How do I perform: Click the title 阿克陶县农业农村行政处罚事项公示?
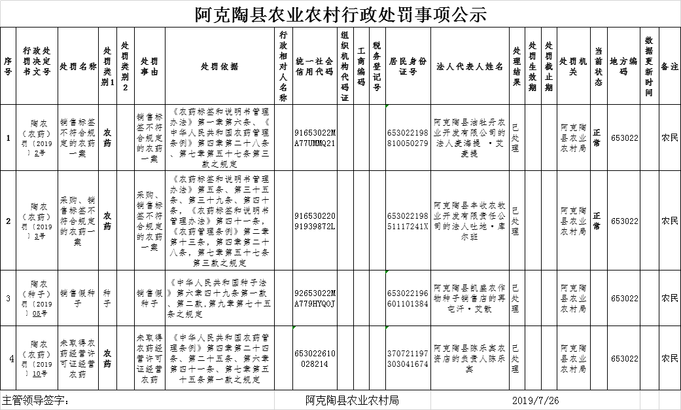(x=341, y=14)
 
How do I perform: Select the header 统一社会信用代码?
(x=315, y=66)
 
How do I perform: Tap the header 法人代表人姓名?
(x=470, y=66)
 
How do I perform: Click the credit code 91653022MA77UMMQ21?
(x=315, y=138)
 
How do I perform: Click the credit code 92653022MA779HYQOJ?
(x=315, y=298)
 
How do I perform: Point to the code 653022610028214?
(x=315, y=358)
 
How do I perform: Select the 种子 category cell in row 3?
(x=107, y=298)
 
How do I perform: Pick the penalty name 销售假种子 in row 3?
(x=78, y=298)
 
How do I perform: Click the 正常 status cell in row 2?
(x=597, y=221)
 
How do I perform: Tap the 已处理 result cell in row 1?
(x=516, y=138)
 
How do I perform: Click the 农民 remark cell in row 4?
(x=669, y=358)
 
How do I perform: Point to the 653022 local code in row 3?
(x=624, y=298)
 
